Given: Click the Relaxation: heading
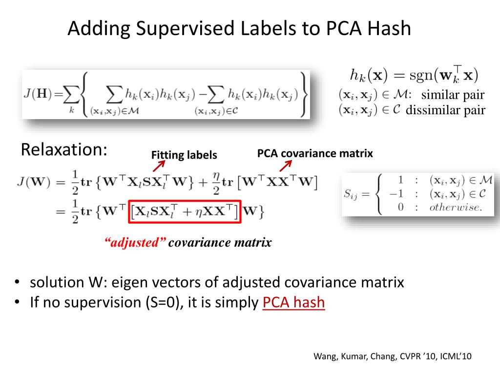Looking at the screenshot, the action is pos(64,149).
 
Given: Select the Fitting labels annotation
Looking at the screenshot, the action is pos(184,155).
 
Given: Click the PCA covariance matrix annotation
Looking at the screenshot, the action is pos(315,153).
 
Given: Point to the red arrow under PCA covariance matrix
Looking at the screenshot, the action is pos(285,167).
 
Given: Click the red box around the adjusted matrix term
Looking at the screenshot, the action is pos(185,210).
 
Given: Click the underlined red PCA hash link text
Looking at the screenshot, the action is pos(293,302).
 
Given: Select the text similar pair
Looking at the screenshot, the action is pos(453,95).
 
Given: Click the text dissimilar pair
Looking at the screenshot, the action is pos(445,110).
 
